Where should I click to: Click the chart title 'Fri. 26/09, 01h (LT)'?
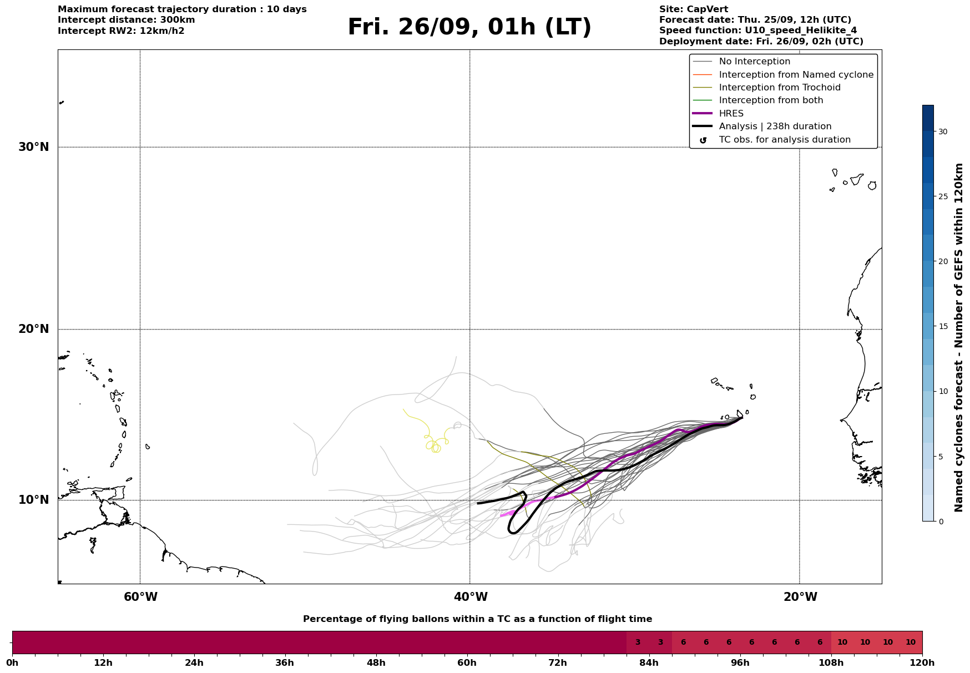point(469,28)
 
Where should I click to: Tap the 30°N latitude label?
point(34,147)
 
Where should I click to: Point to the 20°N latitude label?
point(34,329)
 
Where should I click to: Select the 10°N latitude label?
point(34,500)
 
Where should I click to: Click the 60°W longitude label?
point(140,597)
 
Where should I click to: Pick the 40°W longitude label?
point(471,597)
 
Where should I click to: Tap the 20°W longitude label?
point(800,597)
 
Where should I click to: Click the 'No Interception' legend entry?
point(754,62)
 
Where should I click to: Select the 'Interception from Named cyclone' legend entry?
point(796,75)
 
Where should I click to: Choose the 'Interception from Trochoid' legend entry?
point(779,88)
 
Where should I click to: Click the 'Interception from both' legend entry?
point(771,100)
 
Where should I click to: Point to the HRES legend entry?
point(731,114)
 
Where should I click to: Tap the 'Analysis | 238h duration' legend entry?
point(775,126)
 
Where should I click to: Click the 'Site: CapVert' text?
point(693,9)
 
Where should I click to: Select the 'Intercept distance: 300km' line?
point(126,20)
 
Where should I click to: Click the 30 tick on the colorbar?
point(943,131)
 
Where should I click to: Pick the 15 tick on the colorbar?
point(943,326)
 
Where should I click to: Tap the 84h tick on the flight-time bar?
point(649,663)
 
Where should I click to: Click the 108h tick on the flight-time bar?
point(831,663)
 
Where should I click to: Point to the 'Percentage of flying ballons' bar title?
point(477,619)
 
